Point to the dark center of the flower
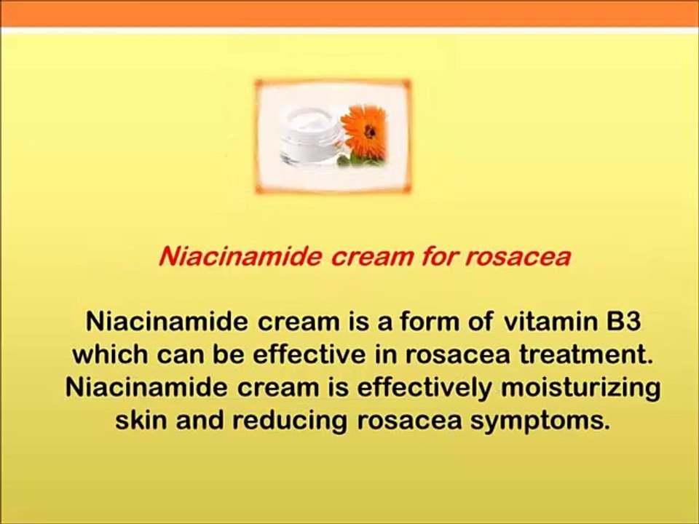click(x=368, y=131)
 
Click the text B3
click(x=627, y=321)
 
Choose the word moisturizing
click(x=580, y=387)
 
